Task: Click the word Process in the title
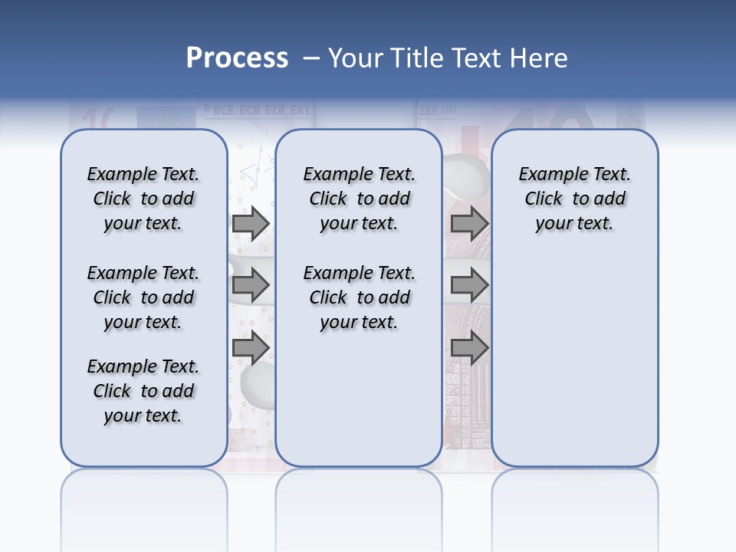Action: click(237, 58)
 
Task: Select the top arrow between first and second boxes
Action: click(251, 224)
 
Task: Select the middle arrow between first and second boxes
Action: click(251, 286)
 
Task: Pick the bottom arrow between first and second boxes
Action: click(251, 349)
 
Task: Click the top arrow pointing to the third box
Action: click(469, 224)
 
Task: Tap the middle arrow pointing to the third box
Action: click(469, 286)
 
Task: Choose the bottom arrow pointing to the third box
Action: click(469, 349)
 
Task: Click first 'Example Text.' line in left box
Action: click(143, 174)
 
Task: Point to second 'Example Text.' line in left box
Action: click(143, 273)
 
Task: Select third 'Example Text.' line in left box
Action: click(143, 366)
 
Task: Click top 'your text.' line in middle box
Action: click(358, 224)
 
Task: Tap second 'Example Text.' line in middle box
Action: click(359, 273)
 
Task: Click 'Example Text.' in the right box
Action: click(574, 174)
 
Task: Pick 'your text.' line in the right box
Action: click(574, 224)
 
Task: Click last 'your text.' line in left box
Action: click(143, 416)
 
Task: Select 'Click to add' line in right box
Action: click(575, 199)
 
